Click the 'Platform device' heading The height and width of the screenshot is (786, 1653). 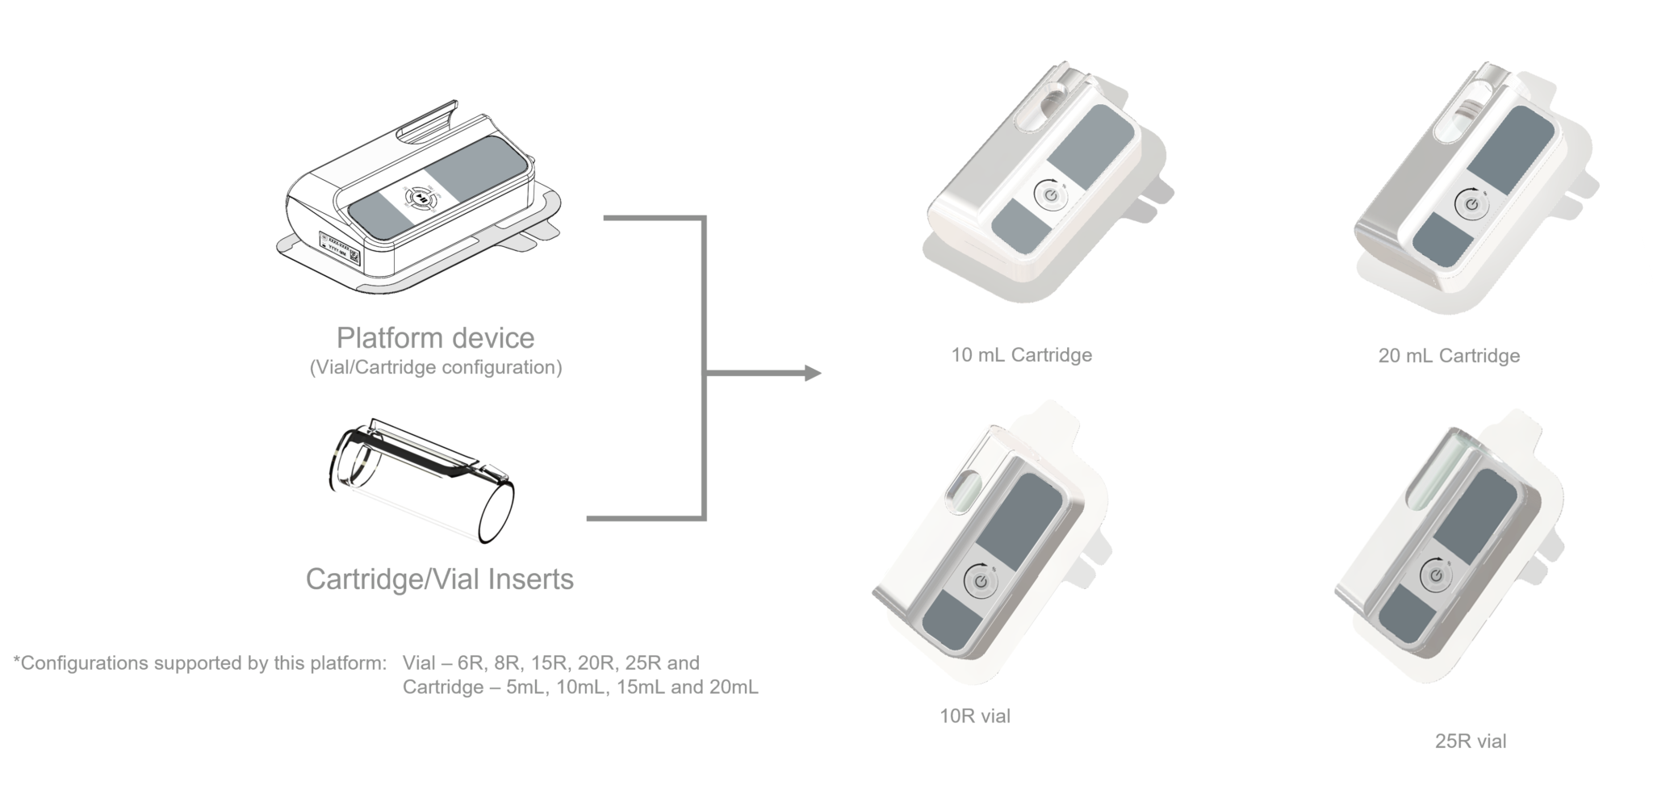435,337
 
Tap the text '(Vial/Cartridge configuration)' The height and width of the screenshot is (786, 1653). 435,367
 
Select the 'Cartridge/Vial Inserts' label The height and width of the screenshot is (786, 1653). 439,579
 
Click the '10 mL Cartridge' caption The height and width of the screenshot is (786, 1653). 1021,355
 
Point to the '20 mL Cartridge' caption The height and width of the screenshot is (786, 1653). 1449,356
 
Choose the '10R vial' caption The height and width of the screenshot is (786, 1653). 974,716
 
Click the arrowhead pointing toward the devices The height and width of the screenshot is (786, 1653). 810,374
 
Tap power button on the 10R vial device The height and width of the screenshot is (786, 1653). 980,581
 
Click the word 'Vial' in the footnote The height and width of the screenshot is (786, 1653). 418,663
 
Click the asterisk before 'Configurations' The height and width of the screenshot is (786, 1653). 17,662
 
